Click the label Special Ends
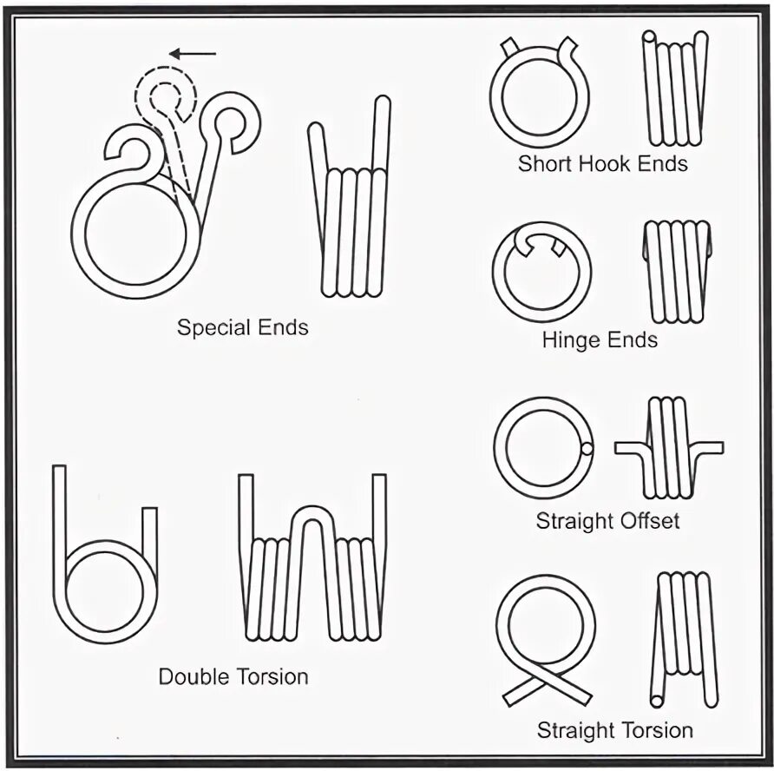click(242, 327)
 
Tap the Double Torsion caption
click(233, 676)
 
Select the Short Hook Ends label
click(602, 163)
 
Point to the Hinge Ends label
click(600, 339)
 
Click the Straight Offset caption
click(607, 521)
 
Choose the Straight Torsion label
click(615, 730)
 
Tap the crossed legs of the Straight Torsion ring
click(547, 686)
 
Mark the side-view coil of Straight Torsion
click(685, 638)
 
